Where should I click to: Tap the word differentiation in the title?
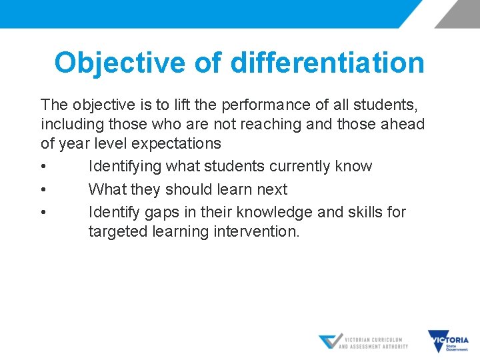(x=327, y=63)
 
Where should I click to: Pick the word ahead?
(x=403, y=124)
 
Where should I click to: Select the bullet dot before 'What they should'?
(x=43, y=190)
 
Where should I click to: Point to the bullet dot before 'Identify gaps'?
(x=43, y=213)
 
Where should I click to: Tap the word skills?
(x=362, y=212)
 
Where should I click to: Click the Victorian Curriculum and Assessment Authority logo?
(x=363, y=342)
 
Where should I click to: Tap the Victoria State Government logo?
(x=448, y=341)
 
